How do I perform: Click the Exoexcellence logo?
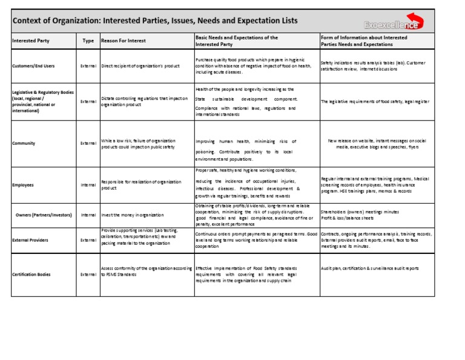point(394,24)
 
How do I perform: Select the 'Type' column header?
point(88,41)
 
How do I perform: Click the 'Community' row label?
point(24,144)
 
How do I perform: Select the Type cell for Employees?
point(88,185)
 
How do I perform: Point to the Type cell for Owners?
point(88,215)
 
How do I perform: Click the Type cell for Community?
point(88,144)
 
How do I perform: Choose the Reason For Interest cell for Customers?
point(146,65)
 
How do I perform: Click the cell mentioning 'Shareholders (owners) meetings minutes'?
point(363,215)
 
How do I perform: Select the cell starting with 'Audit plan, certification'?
point(369,268)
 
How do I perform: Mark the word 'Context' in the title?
point(30,21)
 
